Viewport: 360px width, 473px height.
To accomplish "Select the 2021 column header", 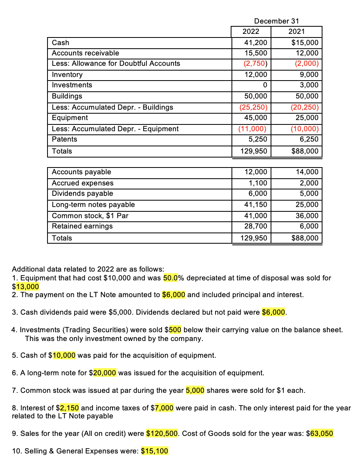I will click(x=296, y=32).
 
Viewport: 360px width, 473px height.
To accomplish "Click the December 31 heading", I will click(x=276, y=21).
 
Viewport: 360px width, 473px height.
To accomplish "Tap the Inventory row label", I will click(x=67, y=75).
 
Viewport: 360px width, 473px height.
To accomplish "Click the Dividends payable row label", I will click(x=83, y=193).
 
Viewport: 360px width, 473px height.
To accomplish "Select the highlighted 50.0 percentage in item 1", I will click(x=172, y=278).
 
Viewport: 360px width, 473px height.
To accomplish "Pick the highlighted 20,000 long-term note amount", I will click(x=104, y=373).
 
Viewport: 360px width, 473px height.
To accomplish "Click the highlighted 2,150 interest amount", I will click(x=69, y=408).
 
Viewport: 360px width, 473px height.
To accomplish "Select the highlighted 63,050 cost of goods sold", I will click(x=321, y=434).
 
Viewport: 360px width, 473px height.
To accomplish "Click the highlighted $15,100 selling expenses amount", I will click(x=155, y=451).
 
